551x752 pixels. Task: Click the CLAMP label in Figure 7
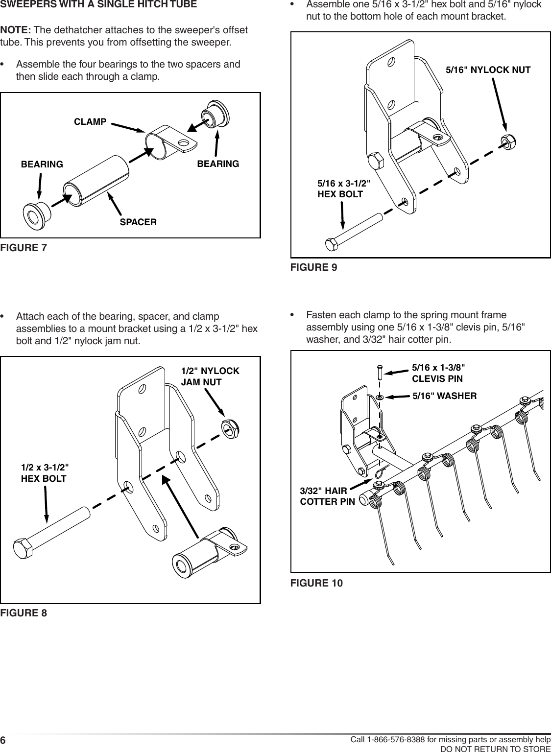(x=90, y=121)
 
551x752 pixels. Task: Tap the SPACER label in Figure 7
(x=139, y=222)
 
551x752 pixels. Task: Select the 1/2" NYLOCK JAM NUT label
(x=210, y=376)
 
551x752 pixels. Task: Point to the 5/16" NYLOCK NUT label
(x=488, y=70)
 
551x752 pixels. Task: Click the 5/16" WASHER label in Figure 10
(x=444, y=396)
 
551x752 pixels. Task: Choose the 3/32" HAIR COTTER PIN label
(x=327, y=496)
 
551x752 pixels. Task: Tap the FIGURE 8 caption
(x=24, y=613)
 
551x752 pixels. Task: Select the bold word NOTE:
(x=16, y=31)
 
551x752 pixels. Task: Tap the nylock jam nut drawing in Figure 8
(x=228, y=427)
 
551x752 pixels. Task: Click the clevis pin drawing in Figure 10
(x=380, y=373)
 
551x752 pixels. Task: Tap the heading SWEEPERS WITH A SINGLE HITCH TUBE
(x=99, y=5)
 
